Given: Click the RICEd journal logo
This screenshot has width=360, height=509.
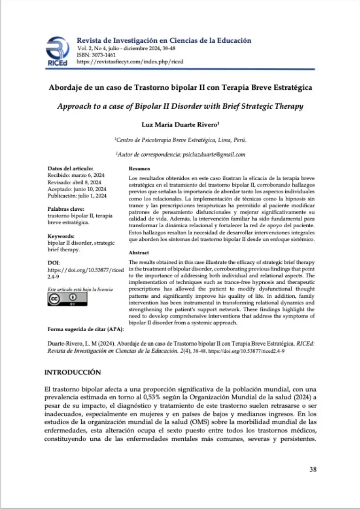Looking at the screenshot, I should (58, 51).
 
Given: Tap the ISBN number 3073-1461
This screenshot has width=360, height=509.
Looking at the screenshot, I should (101, 55).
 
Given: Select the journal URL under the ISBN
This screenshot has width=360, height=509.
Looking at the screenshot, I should (130, 62).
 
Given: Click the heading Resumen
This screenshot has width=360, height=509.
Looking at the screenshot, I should (139, 168).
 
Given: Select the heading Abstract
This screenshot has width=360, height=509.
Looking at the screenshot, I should (139, 253).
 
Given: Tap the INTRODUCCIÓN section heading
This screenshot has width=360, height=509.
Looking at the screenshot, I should (72, 372).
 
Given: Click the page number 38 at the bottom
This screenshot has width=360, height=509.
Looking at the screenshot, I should (313, 469).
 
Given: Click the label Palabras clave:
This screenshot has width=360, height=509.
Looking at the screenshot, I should (66, 208).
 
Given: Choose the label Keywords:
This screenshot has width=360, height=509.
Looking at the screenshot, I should (61, 236).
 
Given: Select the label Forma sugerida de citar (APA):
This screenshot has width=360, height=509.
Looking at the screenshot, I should (83, 329).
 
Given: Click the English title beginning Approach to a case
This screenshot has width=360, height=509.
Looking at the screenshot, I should (180, 106).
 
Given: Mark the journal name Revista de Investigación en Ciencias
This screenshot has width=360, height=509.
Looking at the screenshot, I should (164, 40).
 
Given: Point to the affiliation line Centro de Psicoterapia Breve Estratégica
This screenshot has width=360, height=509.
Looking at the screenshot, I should (180, 140).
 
